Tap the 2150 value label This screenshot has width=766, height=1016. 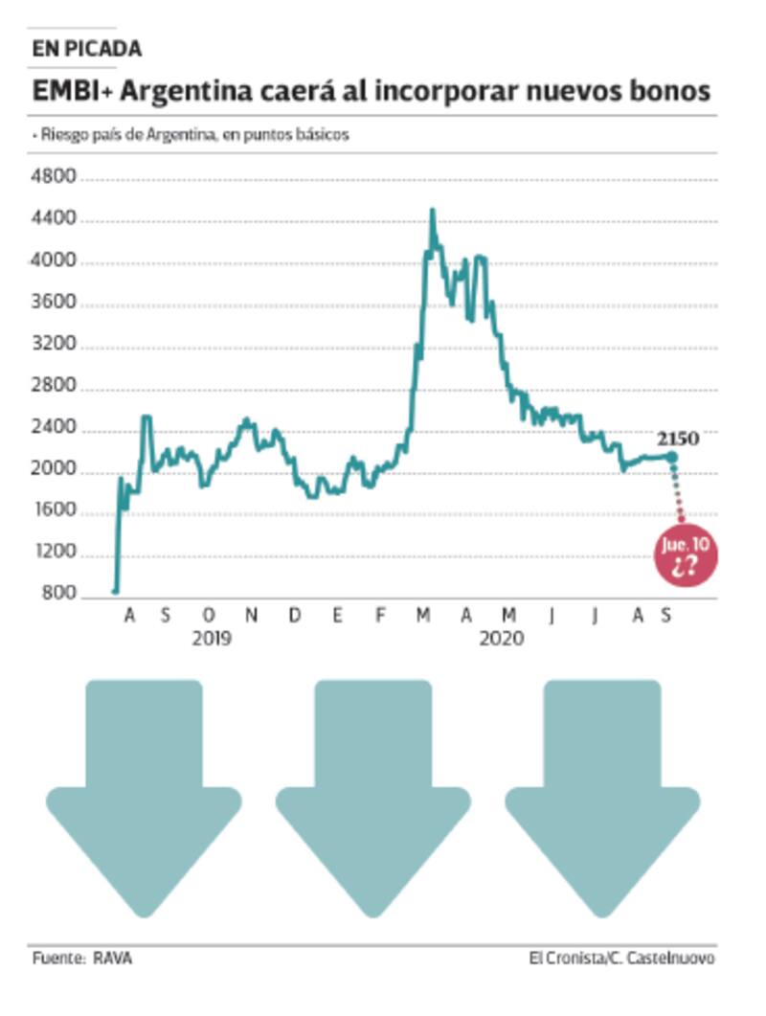coord(677,439)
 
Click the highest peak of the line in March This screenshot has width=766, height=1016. coord(432,211)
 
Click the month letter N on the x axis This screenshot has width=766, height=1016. coord(251,616)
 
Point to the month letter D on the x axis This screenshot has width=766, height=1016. coord(294,616)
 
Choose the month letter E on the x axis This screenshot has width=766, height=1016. coord(337,616)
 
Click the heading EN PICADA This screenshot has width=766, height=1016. coord(86,49)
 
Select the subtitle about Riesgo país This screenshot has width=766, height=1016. coord(191,135)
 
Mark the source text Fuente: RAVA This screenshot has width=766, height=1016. coord(82,959)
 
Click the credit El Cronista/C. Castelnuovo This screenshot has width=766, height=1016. coord(621,959)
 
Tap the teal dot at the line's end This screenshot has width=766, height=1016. coord(672,457)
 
